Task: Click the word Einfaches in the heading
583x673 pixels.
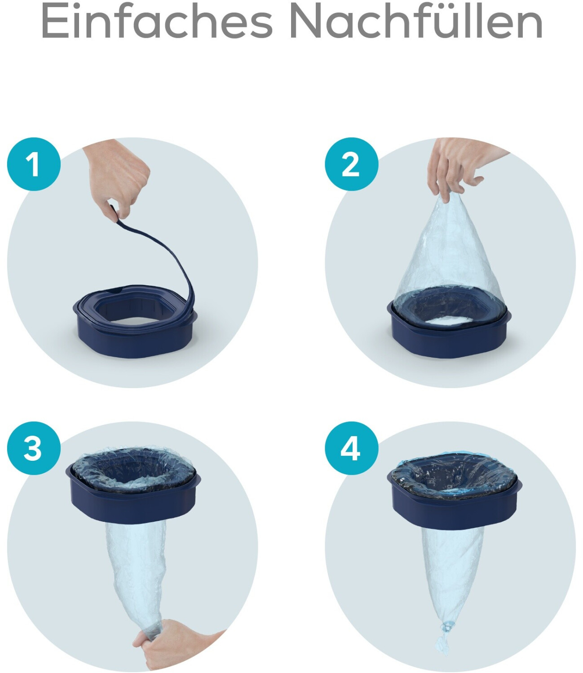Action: coord(157,21)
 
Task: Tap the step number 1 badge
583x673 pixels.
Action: coord(34,164)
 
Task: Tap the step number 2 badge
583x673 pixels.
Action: coord(351,164)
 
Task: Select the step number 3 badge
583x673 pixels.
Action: coord(34,449)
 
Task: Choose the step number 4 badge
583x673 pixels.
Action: coord(351,449)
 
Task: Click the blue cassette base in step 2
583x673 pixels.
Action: coord(450,332)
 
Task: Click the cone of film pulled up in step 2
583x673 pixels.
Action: coord(449,254)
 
